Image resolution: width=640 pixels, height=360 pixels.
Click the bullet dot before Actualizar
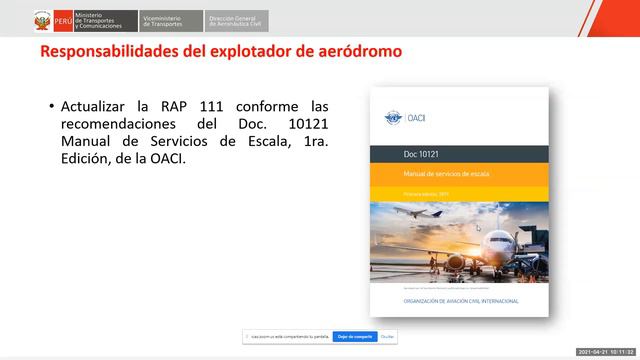[x=50, y=106]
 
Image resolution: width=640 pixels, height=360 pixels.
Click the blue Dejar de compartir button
[x=354, y=337]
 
